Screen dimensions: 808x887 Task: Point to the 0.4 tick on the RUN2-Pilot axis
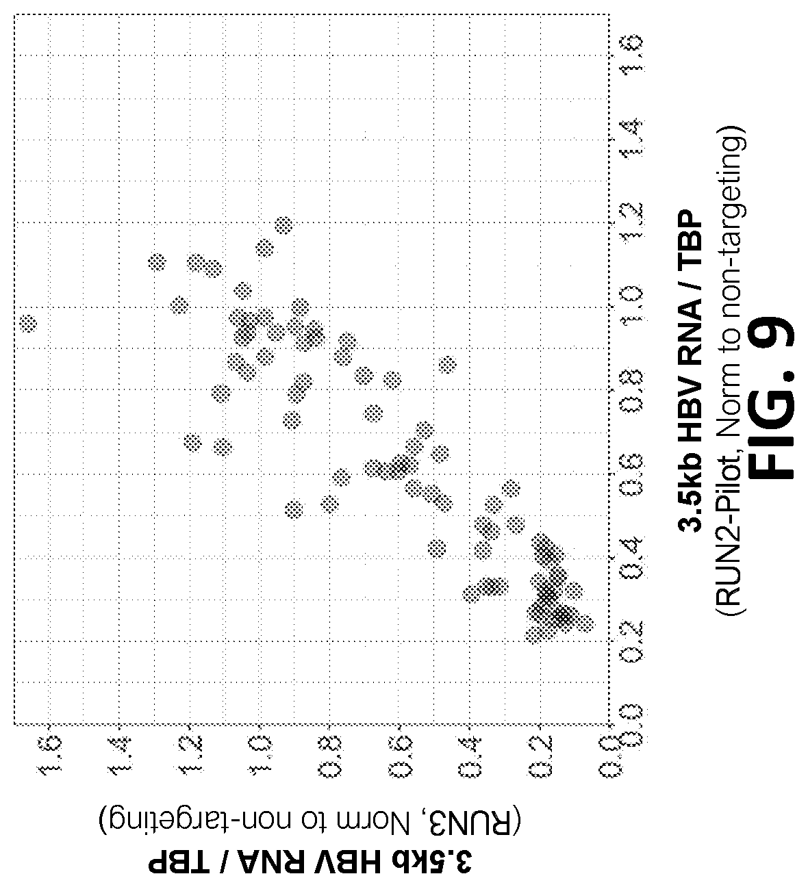631,558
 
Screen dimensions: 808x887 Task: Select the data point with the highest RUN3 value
29,324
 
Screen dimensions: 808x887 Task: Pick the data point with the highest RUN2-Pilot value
283,225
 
